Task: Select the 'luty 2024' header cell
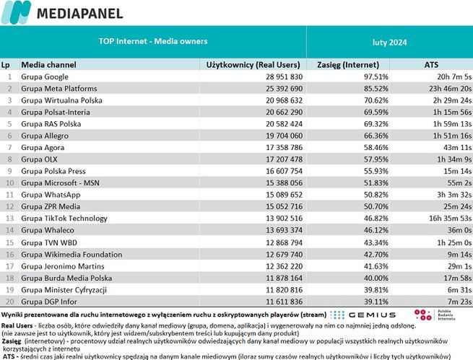coord(389,43)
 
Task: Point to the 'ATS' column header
coord(431,64)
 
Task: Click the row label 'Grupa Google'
coord(45,76)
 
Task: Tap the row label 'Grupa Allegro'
coord(45,135)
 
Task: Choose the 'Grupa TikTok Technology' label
coord(64,218)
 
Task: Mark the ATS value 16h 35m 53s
coord(448,218)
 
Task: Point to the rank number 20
coord(9,301)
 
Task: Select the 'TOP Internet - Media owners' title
coord(152,41)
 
